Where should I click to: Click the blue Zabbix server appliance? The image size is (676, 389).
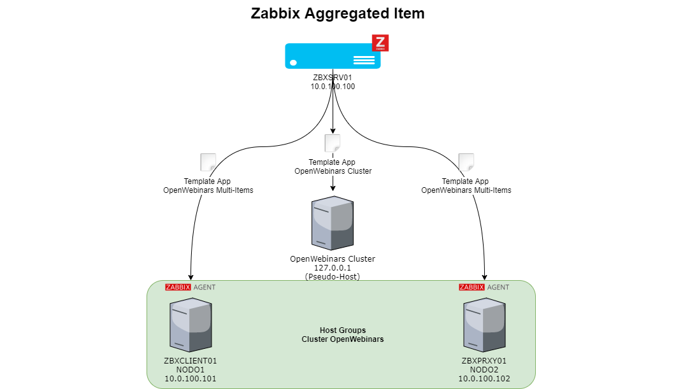coord(332,56)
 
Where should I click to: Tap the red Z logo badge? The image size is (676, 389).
coord(380,43)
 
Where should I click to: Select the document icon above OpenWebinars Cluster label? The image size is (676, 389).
coord(333,143)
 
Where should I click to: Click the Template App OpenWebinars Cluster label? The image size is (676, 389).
coord(333,167)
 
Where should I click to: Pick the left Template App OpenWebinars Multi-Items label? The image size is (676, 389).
coord(208,186)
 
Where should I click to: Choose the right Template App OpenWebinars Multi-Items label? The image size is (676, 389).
coord(466,186)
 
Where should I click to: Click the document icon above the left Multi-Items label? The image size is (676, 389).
coord(208,162)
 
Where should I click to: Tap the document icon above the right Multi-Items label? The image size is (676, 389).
coord(466,162)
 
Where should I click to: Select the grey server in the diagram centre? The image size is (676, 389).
coord(332,223)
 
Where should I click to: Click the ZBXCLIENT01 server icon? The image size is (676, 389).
coord(191,325)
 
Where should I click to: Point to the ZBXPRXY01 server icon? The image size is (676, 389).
coord(484,325)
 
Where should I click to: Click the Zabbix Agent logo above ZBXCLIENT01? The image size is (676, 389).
coord(190,287)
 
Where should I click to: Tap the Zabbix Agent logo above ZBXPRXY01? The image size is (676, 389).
coord(484,287)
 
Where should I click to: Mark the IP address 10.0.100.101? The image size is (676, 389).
coord(191,379)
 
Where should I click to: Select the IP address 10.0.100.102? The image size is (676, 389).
coord(484,379)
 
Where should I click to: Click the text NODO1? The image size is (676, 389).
coord(191,370)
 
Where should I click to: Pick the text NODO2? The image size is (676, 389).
coord(484,370)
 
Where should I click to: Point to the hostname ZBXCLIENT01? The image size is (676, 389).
coord(191,361)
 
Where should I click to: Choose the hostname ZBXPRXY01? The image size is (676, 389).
coord(484,361)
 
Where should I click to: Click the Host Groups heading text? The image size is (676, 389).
coord(343,330)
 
